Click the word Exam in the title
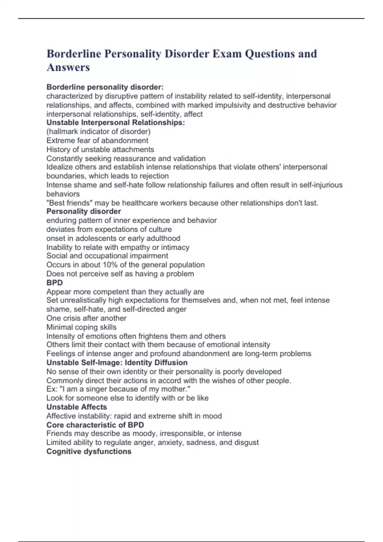coord(227,54)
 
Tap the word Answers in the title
coord(68,67)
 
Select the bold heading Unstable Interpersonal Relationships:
coord(116,123)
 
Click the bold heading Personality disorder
coord(84,211)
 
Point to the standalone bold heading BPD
coord(55,282)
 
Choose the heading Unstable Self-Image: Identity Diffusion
coord(117,363)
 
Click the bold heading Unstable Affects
coord(77,407)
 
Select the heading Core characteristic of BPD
coord(95,425)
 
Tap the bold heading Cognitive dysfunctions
coord(89,451)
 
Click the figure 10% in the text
coord(110,265)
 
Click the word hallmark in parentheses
coord(63,132)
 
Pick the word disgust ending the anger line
coord(246,442)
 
